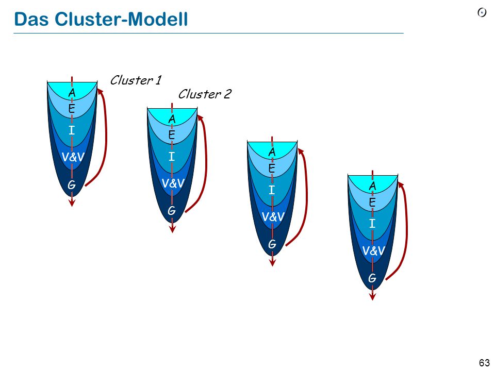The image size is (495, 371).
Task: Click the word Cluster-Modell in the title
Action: [x=121, y=19]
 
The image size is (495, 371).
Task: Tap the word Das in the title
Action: [x=31, y=19]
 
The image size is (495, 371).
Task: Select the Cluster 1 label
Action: [x=136, y=80]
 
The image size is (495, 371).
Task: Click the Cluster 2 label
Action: [x=205, y=94]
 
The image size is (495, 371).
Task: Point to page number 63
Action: [x=484, y=363]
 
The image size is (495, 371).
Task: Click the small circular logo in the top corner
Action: [x=482, y=12]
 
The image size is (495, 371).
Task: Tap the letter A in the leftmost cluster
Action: [x=72, y=93]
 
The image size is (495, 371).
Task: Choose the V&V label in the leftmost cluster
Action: [x=73, y=157]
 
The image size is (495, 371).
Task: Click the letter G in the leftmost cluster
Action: [x=72, y=184]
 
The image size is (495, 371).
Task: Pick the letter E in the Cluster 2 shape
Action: [x=171, y=135]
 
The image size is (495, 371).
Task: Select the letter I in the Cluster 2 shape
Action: [x=171, y=156]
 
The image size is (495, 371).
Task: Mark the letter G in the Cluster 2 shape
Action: [x=171, y=210]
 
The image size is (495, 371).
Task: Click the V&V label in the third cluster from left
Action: [x=273, y=217]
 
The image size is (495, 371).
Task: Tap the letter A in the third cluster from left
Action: [x=272, y=152]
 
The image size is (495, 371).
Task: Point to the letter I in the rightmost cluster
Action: [x=372, y=223]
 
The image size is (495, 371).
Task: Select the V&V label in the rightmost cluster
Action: [x=374, y=251]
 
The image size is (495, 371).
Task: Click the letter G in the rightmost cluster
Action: [x=372, y=278]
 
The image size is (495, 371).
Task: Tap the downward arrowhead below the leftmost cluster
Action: [x=72, y=203]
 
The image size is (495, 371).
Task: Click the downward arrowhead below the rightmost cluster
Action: [x=372, y=297]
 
